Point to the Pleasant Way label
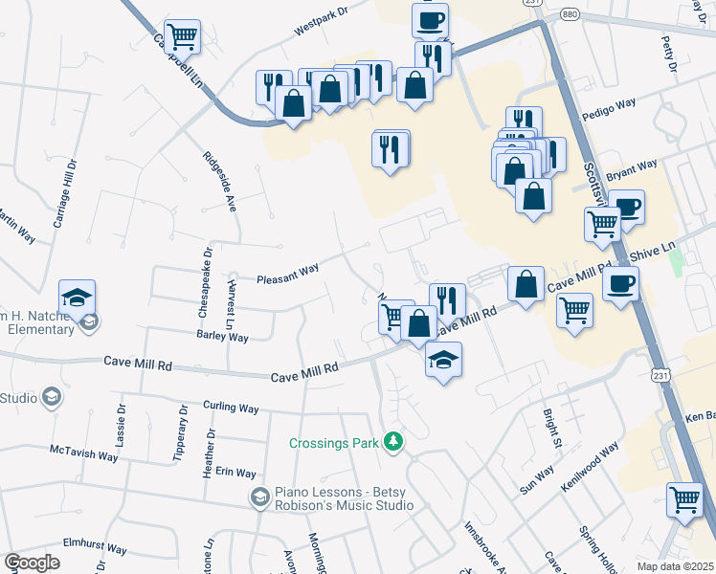287,273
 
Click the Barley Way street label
222,337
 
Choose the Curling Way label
232,408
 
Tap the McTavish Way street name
83,452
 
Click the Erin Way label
235,473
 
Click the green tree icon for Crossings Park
392,441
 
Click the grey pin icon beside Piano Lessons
258,497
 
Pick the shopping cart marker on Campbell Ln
182,36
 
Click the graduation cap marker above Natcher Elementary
77,297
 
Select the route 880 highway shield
571,15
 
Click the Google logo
32,563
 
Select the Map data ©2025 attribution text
675,566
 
